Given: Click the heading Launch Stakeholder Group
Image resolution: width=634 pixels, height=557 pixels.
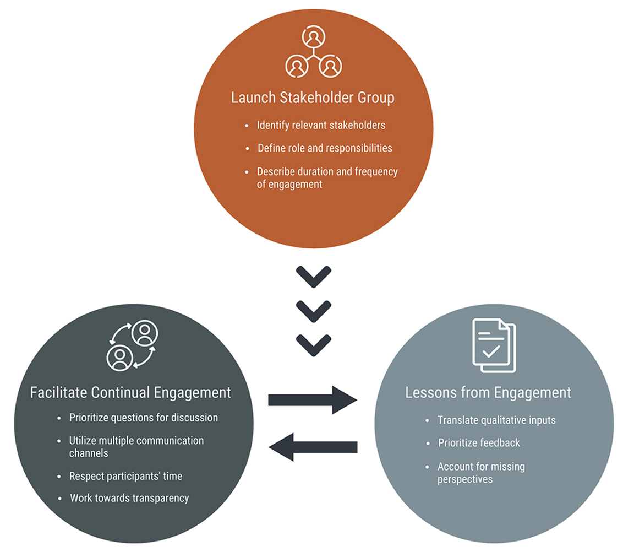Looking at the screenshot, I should point(313,98).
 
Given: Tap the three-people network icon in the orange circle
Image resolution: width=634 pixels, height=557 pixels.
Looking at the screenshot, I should point(313,53).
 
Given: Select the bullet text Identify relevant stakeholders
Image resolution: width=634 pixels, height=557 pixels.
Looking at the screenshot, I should point(321,125).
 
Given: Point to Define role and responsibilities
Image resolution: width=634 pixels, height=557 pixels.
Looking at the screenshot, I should point(325,148).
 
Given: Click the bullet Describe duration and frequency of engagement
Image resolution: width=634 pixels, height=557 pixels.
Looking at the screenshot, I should point(327,178).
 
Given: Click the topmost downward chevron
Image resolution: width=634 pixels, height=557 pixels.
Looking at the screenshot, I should point(313,277).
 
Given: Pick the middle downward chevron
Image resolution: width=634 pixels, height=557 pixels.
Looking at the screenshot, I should point(313,311).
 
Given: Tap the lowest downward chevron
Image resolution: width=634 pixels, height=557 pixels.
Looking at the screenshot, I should point(313,344).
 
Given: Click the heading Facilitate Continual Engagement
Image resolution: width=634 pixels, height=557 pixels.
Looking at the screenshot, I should point(130,393).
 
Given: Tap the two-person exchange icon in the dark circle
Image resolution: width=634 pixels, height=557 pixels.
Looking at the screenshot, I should point(132,345).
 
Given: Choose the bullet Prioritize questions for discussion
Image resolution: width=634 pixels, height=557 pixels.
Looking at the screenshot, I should point(143,418).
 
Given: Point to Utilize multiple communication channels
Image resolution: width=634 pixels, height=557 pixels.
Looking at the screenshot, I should point(136,446).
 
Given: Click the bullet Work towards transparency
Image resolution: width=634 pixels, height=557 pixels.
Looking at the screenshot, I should point(129,498).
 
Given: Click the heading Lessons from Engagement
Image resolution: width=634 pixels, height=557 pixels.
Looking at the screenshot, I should point(488,393).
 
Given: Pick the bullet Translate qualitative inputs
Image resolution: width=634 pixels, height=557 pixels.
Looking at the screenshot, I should point(496,420).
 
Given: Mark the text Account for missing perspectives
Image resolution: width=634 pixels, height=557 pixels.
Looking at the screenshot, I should point(481,473).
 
